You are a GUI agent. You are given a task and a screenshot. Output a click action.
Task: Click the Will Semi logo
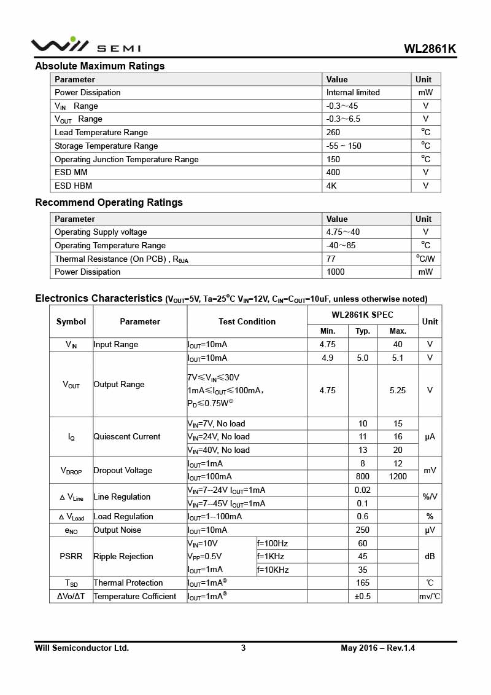click(x=86, y=45)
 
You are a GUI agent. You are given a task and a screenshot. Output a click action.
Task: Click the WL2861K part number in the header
click(x=430, y=49)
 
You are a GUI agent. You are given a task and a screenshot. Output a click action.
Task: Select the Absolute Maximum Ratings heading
click(x=100, y=66)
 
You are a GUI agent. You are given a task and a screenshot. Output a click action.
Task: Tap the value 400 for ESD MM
click(x=333, y=173)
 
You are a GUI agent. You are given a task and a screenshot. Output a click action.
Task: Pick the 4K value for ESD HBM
click(x=332, y=186)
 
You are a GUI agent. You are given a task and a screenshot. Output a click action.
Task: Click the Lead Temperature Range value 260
click(x=333, y=133)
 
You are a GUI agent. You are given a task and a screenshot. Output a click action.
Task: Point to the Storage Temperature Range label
click(x=106, y=146)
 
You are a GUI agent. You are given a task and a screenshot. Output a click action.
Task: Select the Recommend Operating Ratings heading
click(x=109, y=203)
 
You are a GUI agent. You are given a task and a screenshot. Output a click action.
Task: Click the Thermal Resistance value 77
click(x=331, y=259)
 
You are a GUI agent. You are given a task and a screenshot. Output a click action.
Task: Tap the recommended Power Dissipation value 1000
click(x=336, y=272)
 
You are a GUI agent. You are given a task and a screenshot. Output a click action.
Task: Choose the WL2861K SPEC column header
click(x=362, y=315)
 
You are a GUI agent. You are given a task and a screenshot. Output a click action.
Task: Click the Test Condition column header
click(x=247, y=322)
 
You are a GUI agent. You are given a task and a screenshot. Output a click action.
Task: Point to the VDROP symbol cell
click(x=71, y=471)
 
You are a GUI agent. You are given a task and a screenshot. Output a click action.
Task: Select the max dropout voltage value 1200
click(x=398, y=477)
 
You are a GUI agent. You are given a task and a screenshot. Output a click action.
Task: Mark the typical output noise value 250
click(x=363, y=530)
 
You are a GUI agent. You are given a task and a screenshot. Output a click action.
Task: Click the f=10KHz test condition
click(x=273, y=570)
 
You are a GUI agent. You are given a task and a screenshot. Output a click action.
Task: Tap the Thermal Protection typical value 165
click(x=363, y=583)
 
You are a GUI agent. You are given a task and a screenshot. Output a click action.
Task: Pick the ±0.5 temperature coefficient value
click(x=363, y=597)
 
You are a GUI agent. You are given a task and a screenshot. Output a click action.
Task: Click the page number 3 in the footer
click(x=244, y=648)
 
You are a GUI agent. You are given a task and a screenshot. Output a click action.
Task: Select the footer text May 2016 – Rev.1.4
click(x=378, y=648)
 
